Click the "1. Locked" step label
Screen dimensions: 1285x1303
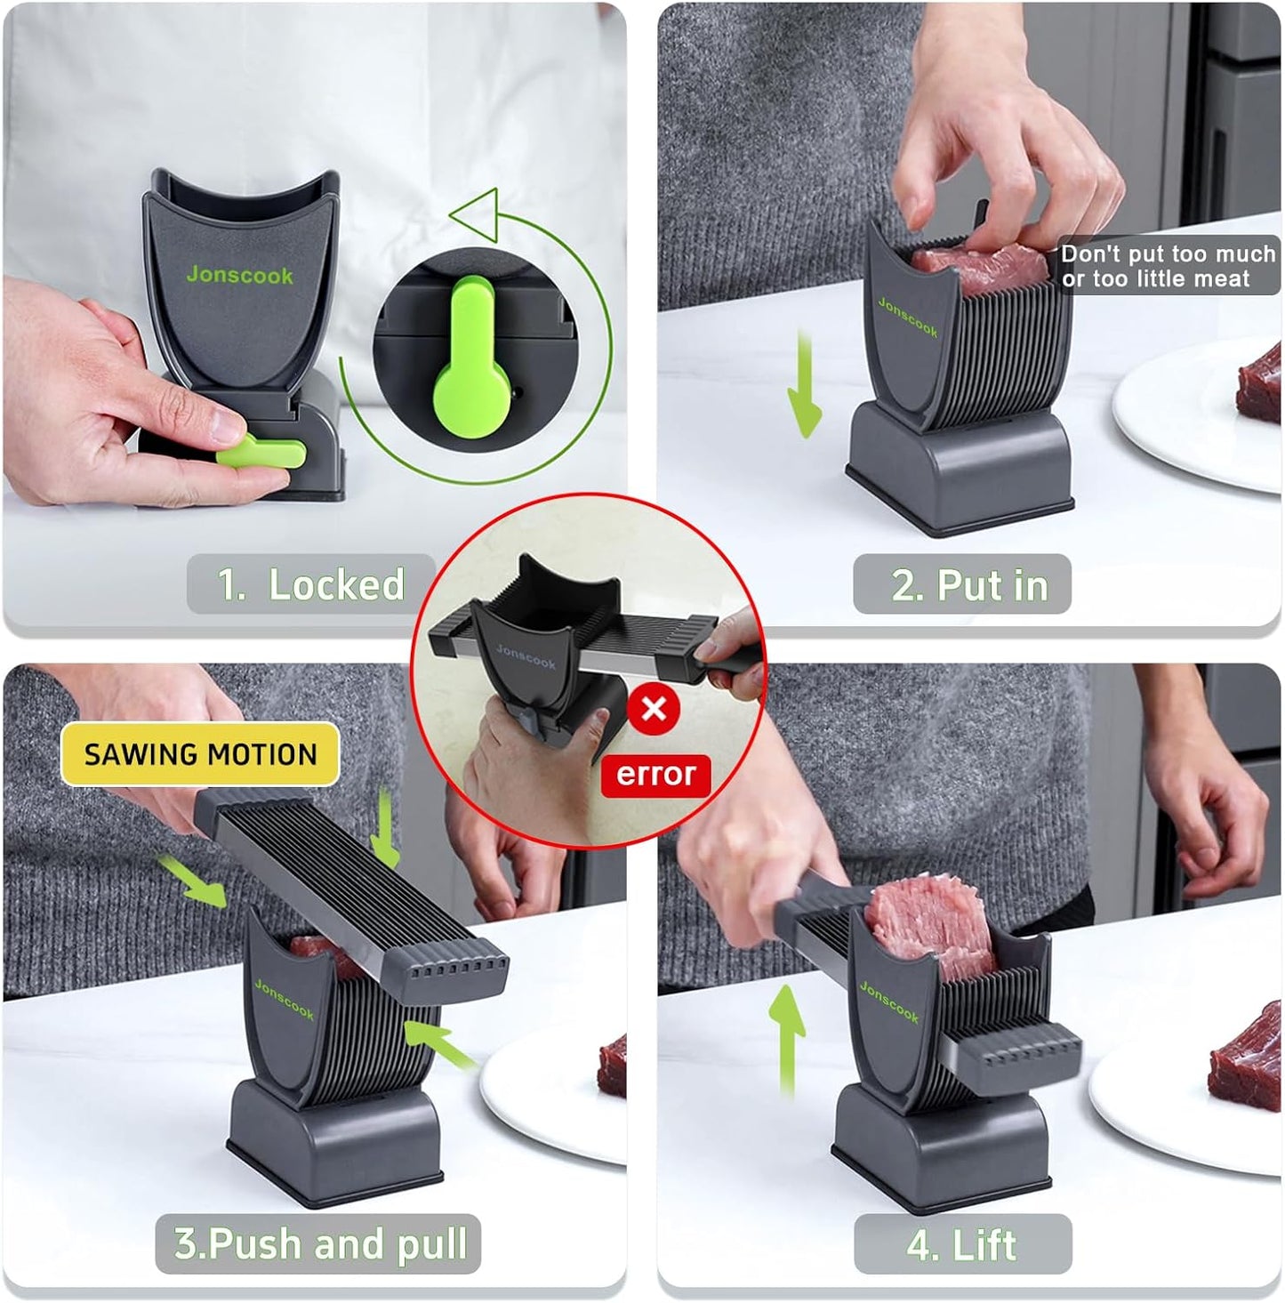[311, 584]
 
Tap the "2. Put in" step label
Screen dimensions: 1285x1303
[962, 584]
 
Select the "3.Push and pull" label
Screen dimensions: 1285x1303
[318, 1243]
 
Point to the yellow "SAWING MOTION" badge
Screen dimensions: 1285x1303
[200, 754]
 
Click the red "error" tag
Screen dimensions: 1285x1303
[655, 775]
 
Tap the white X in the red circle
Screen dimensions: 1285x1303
[654, 710]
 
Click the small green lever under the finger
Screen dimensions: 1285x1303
[261, 452]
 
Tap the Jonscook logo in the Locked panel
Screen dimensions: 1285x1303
[239, 275]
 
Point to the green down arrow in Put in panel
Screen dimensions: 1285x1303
[805, 385]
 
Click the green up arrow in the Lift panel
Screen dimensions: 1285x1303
[786, 1041]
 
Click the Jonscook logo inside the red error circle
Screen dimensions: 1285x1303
[526, 656]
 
